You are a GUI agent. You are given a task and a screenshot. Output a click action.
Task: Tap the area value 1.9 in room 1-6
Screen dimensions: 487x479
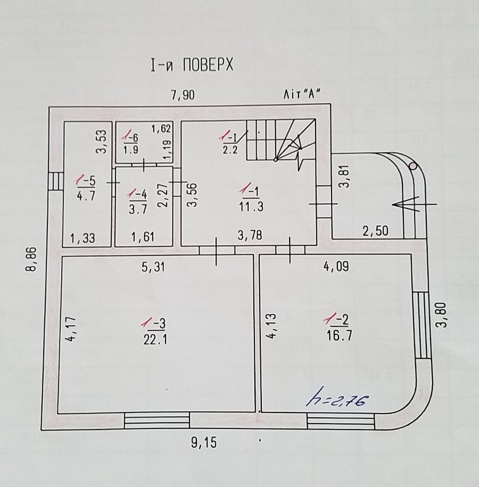click(131, 149)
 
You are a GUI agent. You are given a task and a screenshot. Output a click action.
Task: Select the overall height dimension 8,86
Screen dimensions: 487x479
click(31, 259)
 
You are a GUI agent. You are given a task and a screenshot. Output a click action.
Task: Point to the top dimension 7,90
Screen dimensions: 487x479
click(183, 95)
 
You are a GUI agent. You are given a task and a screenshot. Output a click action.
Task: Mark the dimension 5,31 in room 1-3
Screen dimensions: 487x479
click(153, 267)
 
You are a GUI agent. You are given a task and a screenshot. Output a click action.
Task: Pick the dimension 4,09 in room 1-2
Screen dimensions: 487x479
click(336, 267)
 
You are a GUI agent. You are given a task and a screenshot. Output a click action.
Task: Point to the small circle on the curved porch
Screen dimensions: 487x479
click(413, 166)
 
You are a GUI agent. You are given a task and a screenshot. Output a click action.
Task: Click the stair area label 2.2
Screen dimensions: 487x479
click(229, 148)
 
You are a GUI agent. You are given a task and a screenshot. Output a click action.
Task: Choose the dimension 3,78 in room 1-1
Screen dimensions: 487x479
click(249, 235)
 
